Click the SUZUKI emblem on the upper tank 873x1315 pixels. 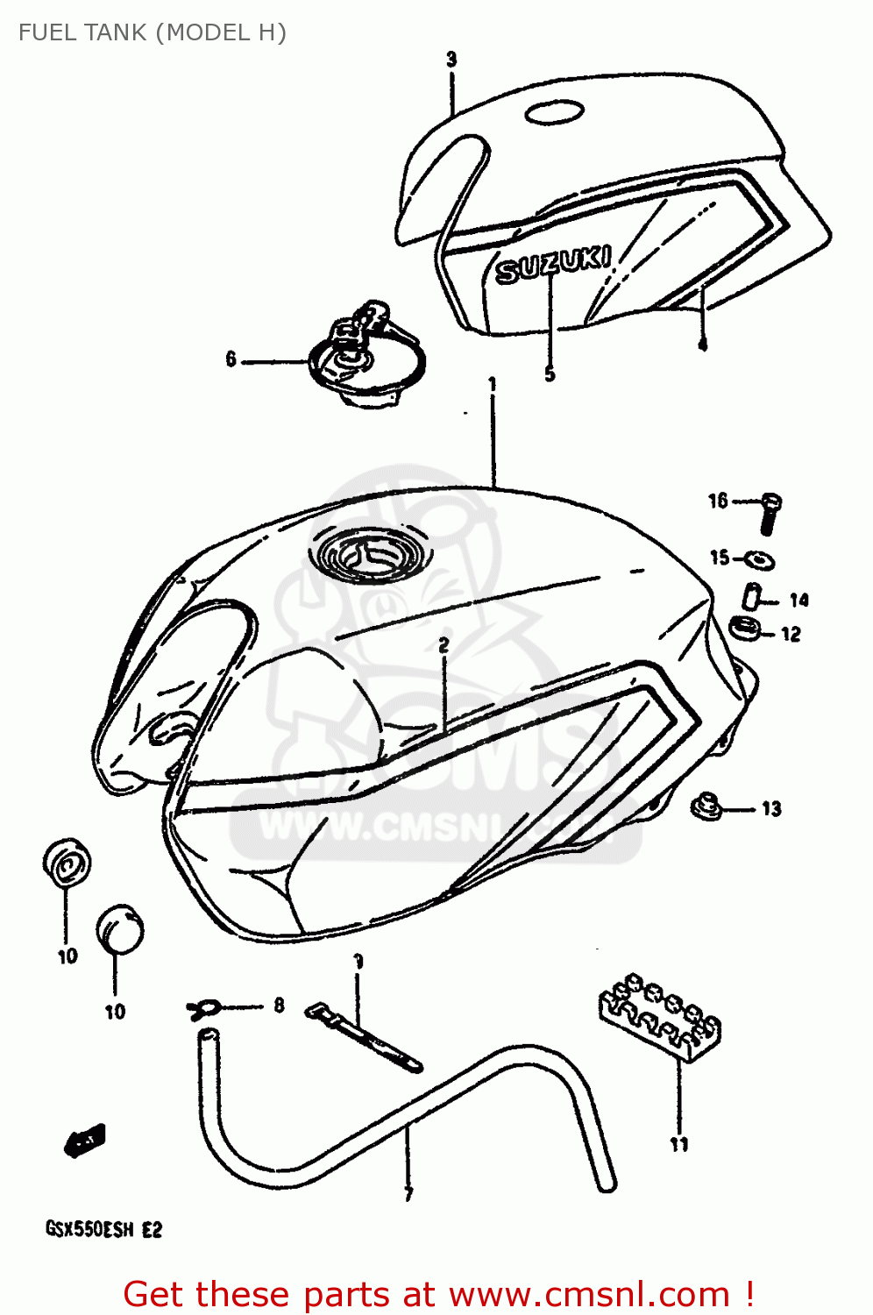pos(553,264)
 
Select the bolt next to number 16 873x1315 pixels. pos(770,513)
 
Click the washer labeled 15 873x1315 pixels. pos(757,558)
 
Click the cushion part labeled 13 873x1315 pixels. pos(706,806)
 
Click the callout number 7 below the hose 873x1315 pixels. pos(408,1193)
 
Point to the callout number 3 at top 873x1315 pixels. pos(451,60)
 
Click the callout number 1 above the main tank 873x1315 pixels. pos(493,384)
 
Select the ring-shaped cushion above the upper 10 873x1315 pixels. pos(66,863)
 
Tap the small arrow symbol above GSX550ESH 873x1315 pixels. pos(85,1140)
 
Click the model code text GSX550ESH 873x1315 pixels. pos(90,1229)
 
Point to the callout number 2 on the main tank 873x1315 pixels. pos(444,645)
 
